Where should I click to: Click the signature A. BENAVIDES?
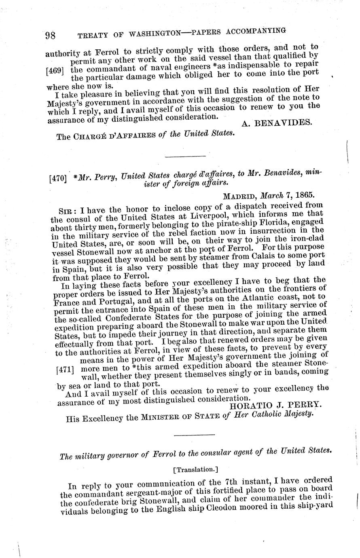pyautogui.click(x=277, y=123)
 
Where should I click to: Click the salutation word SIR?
pyautogui.click(x=66, y=210)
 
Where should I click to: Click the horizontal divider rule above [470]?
pyautogui.click(x=180, y=156)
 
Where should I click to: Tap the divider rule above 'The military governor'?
pyautogui.click(x=194, y=435)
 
